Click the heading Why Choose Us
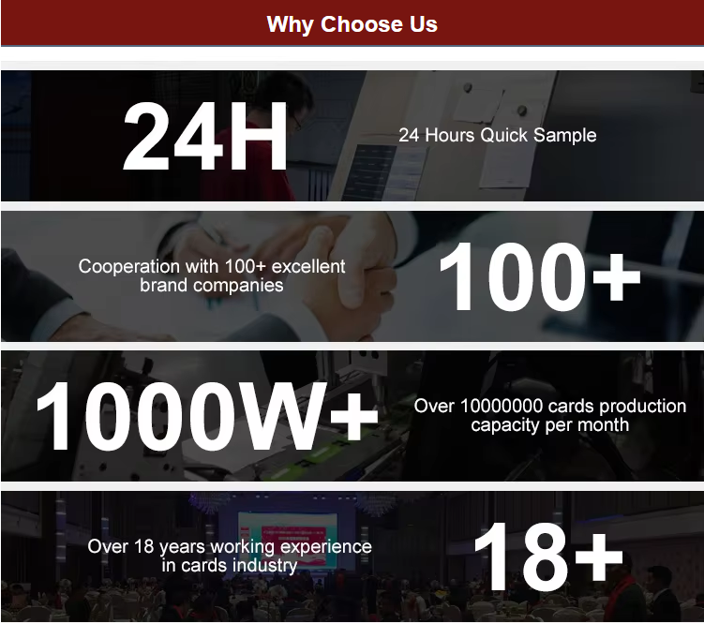352,23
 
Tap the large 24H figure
205,136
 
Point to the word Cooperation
128,267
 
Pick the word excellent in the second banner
308,266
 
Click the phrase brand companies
212,286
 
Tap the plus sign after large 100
617,277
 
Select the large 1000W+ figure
207,417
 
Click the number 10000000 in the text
502,406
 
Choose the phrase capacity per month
550,425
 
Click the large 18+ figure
548,556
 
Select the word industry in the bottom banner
265,566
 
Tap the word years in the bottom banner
183,548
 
